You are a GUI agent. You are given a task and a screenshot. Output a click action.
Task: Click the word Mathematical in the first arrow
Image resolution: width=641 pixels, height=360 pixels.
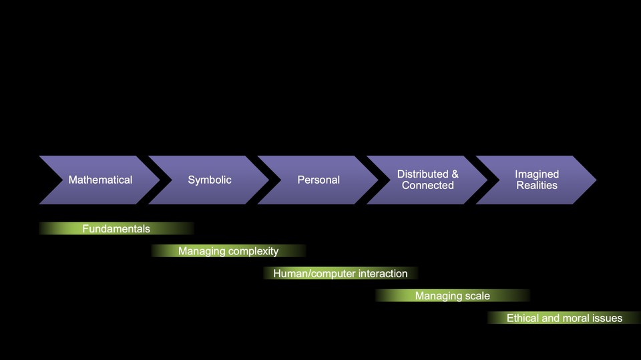(x=100, y=180)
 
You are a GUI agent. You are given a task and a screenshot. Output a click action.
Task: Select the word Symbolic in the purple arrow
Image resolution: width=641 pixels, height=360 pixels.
(x=210, y=180)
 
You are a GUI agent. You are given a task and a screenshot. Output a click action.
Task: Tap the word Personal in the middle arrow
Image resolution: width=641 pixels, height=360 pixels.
(x=318, y=180)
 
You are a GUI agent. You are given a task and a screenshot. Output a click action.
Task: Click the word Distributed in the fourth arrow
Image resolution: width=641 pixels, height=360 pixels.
(x=423, y=174)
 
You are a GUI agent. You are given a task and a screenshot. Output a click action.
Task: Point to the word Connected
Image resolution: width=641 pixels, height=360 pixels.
(x=428, y=186)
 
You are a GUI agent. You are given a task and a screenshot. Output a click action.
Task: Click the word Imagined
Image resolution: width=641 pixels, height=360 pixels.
(x=537, y=174)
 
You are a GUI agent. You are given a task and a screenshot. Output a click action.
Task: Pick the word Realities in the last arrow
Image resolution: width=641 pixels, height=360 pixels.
(x=537, y=186)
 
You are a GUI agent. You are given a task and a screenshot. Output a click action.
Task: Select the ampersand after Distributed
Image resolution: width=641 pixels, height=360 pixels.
(x=455, y=174)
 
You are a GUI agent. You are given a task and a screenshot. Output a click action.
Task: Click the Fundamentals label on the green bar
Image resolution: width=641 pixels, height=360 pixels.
(x=116, y=228)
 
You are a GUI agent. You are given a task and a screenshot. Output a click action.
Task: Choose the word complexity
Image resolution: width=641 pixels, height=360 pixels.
(x=253, y=251)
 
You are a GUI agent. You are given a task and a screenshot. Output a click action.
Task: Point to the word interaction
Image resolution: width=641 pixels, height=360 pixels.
(x=383, y=273)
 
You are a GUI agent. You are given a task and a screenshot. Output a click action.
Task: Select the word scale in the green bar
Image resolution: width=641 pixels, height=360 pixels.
(x=477, y=296)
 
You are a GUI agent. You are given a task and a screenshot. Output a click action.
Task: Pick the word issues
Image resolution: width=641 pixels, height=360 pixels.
(x=608, y=318)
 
